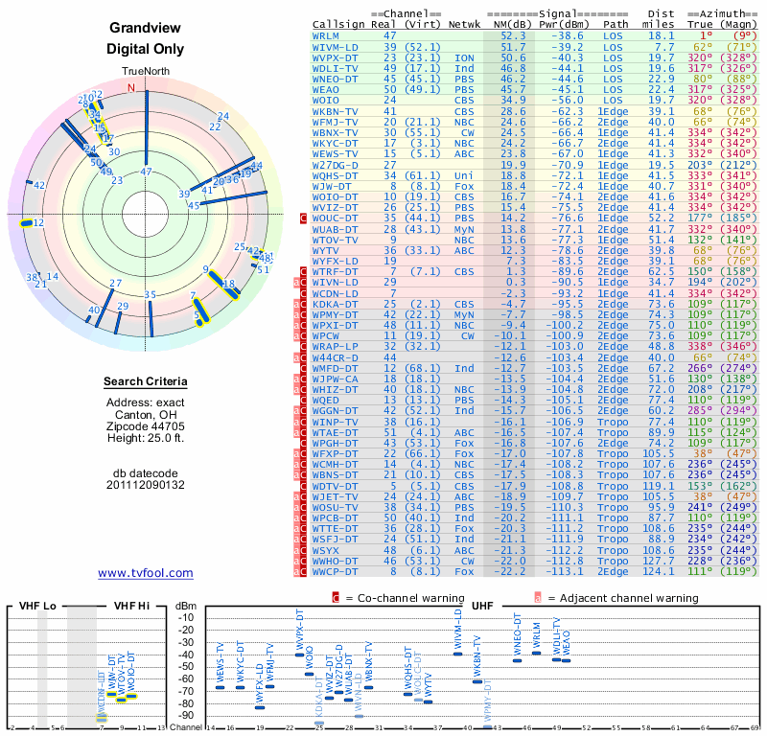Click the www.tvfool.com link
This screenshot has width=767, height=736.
pos(146,573)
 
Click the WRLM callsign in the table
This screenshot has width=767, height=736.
pos(327,35)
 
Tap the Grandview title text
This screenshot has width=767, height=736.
pos(146,29)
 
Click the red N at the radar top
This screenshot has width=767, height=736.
pos(132,87)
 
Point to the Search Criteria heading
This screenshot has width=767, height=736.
pos(146,382)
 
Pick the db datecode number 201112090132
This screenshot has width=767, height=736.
pos(146,485)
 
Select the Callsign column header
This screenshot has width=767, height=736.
pos(340,24)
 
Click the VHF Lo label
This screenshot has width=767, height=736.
pos(35,607)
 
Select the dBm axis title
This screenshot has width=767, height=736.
pos(185,607)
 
